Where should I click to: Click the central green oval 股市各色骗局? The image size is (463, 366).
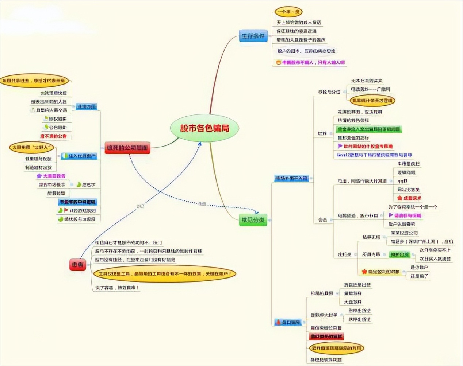204,128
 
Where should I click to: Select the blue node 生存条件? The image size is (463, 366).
253,36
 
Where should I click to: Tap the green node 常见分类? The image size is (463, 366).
253,220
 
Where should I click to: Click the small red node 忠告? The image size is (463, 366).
77,265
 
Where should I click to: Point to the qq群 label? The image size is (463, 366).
402,181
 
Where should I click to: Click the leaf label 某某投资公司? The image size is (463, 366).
404,233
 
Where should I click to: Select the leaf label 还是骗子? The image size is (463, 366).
419,276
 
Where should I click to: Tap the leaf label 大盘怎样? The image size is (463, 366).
352,302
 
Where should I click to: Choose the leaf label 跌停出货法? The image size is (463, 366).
359,319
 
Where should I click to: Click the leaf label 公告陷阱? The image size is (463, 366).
58,127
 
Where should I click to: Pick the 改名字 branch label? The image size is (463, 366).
88,184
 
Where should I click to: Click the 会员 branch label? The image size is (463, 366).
322,219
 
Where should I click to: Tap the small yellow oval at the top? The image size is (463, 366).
288,12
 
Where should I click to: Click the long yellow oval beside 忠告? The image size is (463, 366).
165,273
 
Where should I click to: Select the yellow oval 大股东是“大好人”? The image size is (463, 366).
31,147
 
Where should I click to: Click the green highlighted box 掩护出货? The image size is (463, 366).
399,254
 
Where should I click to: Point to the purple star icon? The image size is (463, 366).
39,176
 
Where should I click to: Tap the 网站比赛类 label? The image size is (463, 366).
408,190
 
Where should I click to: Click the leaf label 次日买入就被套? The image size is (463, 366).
435,258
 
